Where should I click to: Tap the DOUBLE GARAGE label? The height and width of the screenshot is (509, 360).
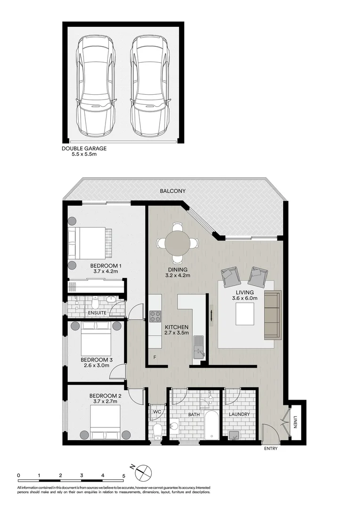(x=84, y=148)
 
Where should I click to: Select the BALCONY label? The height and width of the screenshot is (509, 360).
(x=172, y=191)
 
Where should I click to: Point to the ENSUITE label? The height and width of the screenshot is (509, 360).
(x=97, y=312)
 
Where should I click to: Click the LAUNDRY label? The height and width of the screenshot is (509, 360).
(x=239, y=415)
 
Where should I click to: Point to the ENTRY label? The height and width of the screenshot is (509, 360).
(x=270, y=449)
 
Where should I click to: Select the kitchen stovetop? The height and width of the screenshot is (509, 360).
(x=155, y=316)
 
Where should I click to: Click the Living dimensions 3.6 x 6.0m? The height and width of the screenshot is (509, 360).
(x=245, y=298)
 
